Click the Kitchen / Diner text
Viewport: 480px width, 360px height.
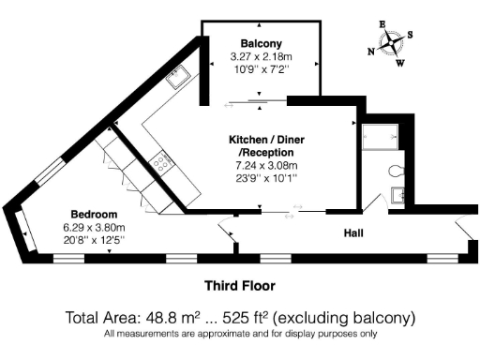265,139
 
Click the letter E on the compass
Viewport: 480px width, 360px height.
382,23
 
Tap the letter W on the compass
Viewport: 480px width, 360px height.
402,65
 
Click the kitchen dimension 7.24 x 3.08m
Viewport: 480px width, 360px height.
265,165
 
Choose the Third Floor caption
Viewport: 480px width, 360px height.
239,284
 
